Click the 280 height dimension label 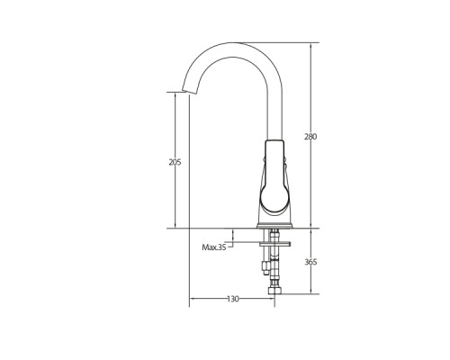pyautogui.click(x=310, y=137)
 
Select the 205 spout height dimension pyautogui.click(x=175, y=163)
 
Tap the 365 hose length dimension pyautogui.click(x=310, y=262)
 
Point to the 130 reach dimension pyautogui.click(x=233, y=299)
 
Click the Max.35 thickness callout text pyautogui.click(x=214, y=247)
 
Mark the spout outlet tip pyautogui.click(x=189, y=92)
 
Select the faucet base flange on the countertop pyautogui.click(x=274, y=226)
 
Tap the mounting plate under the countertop pyautogui.click(x=275, y=244)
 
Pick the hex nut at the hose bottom pyautogui.click(x=274, y=291)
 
